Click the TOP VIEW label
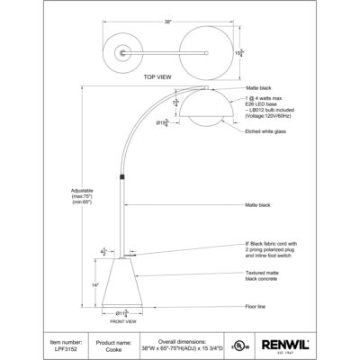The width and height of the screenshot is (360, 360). point(157,79)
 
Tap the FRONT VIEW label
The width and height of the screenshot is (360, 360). point(122,321)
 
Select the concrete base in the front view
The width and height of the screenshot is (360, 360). point(122,284)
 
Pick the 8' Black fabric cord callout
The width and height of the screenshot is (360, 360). point(276,250)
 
